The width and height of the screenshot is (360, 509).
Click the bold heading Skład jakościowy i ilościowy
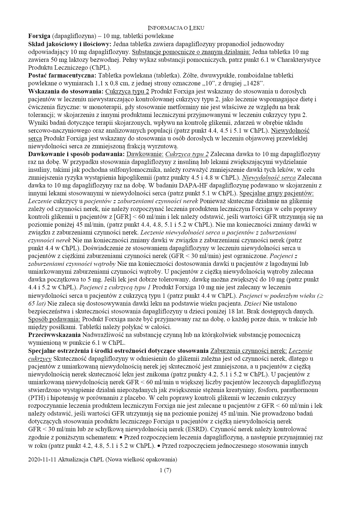70,44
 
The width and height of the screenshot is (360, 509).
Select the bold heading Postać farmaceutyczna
62,75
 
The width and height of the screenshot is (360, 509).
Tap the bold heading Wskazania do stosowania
66,91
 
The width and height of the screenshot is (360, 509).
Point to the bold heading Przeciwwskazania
54,335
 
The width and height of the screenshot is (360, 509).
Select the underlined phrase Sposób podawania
54,319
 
